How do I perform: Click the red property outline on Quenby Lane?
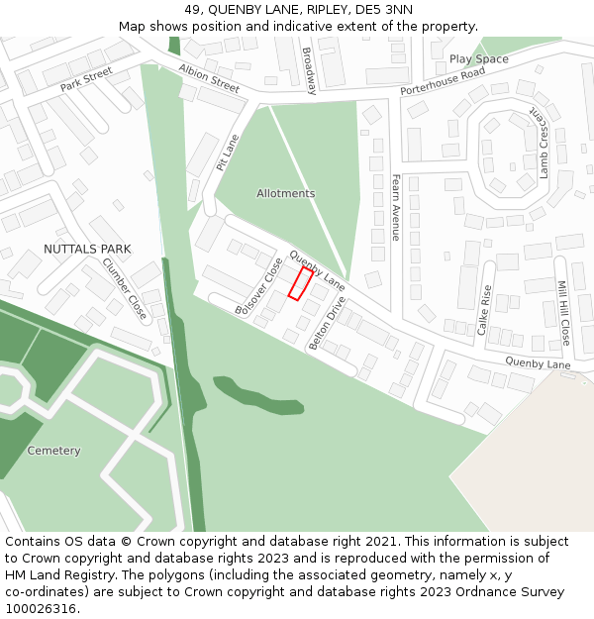pyautogui.click(x=300, y=282)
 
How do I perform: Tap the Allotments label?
pyautogui.click(x=285, y=193)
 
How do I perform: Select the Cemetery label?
pyautogui.click(x=53, y=451)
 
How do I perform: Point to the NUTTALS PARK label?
pyautogui.click(x=87, y=249)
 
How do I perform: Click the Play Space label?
pyautogui.click(x=478, y=59)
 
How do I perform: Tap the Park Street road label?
pyautogui.click(x=86, y=79)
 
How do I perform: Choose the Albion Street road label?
pyautogui.click(x=209, y=78)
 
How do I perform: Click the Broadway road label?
pyautogui.click(x=309, y=71)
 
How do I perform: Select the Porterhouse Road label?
pyautogui.click(x=443, y=82)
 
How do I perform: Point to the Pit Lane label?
pyautogui.click(x=228, y=154)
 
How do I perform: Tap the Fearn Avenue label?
pyautogui.click(x=395, y=207)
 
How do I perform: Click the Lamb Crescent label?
pyautogui.click(x=544, y=144)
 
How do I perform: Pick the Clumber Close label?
pyautogui.click(x=125, y=288)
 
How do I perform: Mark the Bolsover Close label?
pyautogui.click(x=259, y=287)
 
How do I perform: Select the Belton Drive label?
pyautogui.click(x=328, y=323)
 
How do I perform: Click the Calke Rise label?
pyautogui.click(x=485, y=310)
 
